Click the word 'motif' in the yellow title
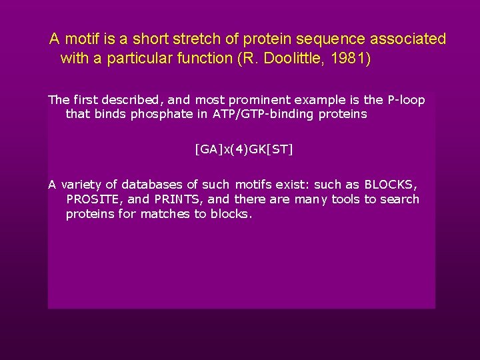click(x=83, y=39)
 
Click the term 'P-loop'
click(x=405, y=100)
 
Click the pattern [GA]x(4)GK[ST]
click(x=244, y=149)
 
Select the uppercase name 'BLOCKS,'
click(x=391, y=185)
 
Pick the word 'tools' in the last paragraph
click(x=345, y=199)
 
